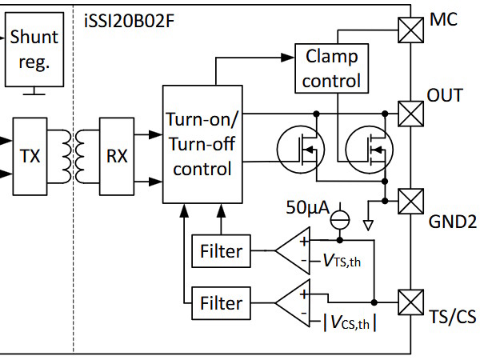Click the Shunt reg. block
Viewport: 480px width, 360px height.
coord(34,50)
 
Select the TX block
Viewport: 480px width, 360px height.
coord(30,156)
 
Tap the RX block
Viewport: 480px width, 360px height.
coord(117,156)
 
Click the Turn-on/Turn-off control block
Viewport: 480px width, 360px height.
coord(202,144)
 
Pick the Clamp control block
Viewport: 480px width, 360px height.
coord(331,68)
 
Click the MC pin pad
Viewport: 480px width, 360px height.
coord(411,30)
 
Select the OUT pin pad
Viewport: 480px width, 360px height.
coord(411,114)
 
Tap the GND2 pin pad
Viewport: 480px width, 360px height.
coord(411,201)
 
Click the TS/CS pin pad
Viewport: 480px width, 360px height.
coord(411,302)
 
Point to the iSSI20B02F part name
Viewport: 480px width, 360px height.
coord(129,22)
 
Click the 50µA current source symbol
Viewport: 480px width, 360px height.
coord(340,220)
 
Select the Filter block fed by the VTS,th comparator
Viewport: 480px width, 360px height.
coord(221,251)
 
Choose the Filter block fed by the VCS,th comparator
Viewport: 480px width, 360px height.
coord(221,303)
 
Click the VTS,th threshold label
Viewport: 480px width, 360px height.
coord(342,261)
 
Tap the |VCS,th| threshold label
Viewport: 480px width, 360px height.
coord(350,322)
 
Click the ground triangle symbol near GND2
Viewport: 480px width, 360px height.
coord(368,226)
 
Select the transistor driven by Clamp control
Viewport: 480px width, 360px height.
coord(369,150)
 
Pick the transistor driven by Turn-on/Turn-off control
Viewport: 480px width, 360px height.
coord(301,150)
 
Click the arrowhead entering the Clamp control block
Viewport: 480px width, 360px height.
coord(288,58)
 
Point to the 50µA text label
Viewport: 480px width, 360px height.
coord(308,207)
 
